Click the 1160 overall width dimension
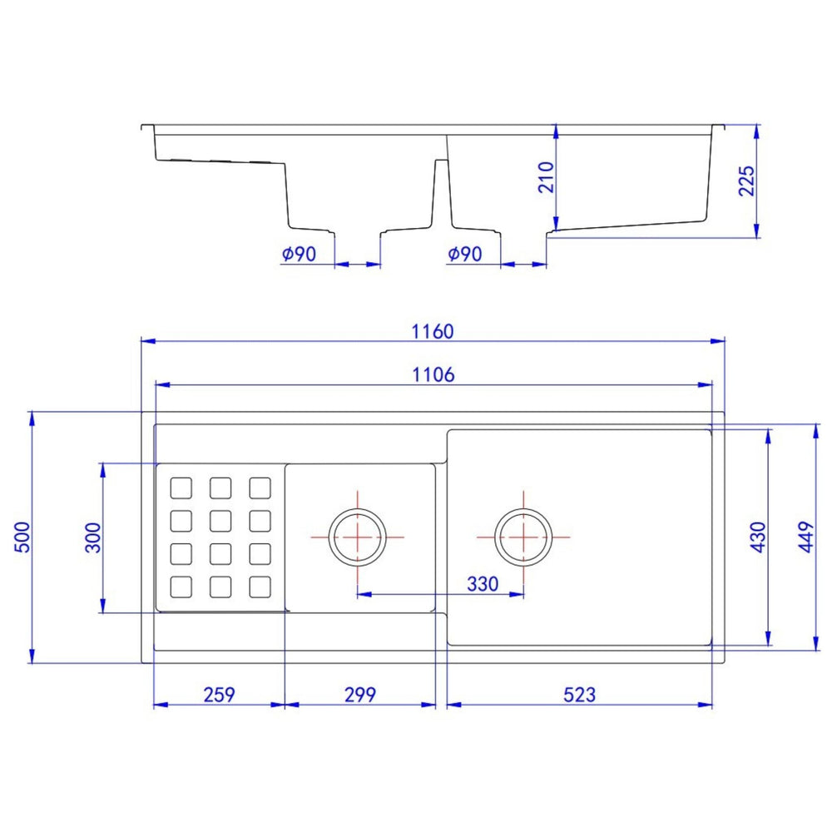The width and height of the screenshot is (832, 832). [x=433, y=332]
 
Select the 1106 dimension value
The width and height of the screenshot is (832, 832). [x=433, y=375]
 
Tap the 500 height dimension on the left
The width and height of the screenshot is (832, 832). [x=22, y=537]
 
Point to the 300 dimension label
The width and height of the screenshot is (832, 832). [x=92, y=537]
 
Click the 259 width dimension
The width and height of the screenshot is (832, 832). [x=219, y=695]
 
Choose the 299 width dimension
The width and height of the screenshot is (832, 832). [x=360, y=695]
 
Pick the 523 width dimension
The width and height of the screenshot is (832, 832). [x=579, y=695]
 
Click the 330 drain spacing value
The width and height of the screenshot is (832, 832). [x=483, y=584]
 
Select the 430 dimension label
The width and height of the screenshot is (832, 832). [x=758, y=537]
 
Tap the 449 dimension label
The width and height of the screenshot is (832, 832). [x=805, y=537]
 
